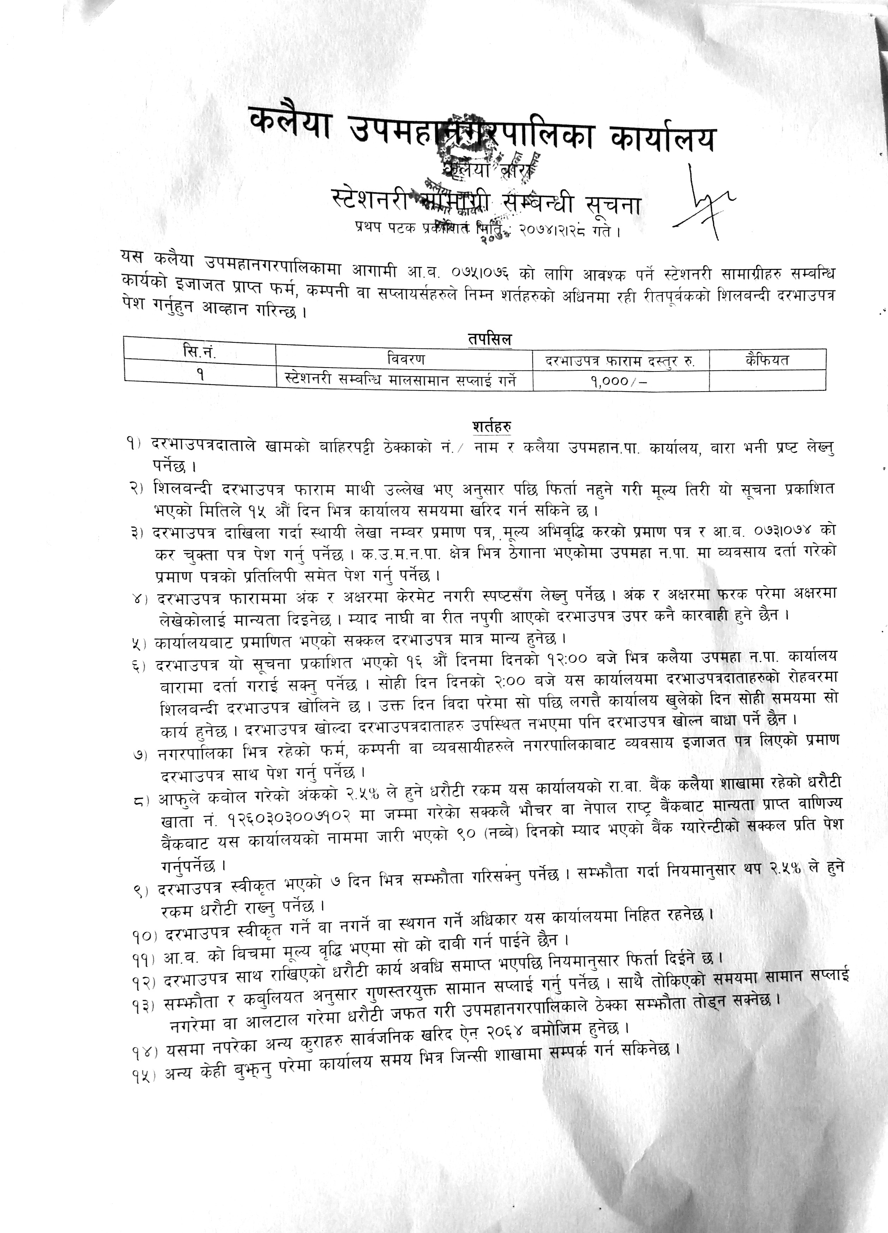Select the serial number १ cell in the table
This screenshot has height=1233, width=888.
[201, 375]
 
